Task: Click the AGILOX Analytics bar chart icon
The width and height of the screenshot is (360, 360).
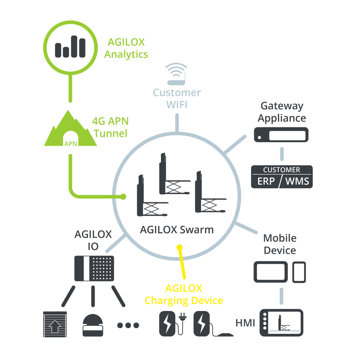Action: [70, 47]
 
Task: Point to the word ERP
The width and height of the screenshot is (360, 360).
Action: [266, 181]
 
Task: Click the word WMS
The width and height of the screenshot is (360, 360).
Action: [297, 181]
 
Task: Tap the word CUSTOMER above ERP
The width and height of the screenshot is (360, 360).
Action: [282, 170]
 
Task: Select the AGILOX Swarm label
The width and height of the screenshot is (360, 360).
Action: [176, 230]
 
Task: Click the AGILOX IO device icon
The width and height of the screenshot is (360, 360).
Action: [94, 269]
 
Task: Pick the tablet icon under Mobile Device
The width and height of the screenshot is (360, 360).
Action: [271, 272]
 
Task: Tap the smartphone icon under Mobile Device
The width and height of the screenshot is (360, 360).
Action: [299, 272]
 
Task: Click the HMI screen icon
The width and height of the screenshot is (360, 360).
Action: [282, 323]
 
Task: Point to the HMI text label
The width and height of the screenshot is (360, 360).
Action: [245, 323]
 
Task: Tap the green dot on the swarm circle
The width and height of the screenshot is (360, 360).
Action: [123, 197]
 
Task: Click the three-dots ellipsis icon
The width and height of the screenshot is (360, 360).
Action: [128, 325]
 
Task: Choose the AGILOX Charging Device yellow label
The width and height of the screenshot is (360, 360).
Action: [184, 294]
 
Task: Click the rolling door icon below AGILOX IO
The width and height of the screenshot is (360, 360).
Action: [55, 324]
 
